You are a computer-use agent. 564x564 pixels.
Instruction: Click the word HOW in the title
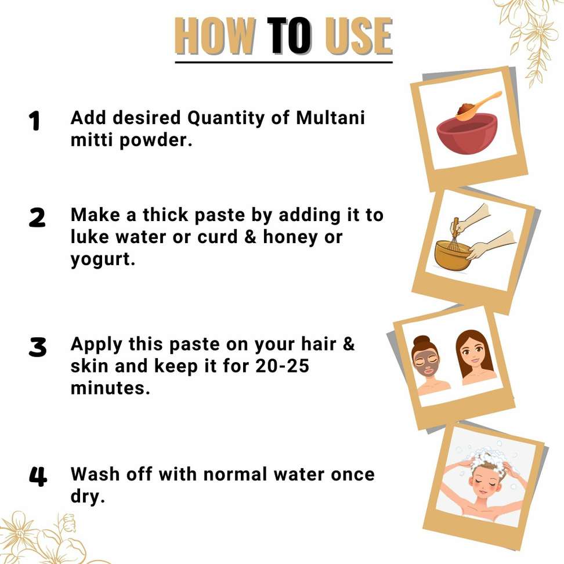click(x=216, y=36)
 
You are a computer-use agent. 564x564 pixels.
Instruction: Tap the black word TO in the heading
click(x=290, y=36)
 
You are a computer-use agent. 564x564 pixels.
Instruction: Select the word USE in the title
click(x=359, y=36)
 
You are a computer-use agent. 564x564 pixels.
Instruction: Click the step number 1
click(x=35, y=121)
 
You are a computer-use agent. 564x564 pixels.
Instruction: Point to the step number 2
click(x=37, y=218)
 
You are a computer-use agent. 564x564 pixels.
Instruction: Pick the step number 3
click(x=38, y=347)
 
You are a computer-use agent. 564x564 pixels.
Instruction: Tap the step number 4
click(x=38, y=476)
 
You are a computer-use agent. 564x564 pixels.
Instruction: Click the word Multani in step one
click(x=331, y=118)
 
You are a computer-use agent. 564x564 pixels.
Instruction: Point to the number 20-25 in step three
click(x=283, y=366)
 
